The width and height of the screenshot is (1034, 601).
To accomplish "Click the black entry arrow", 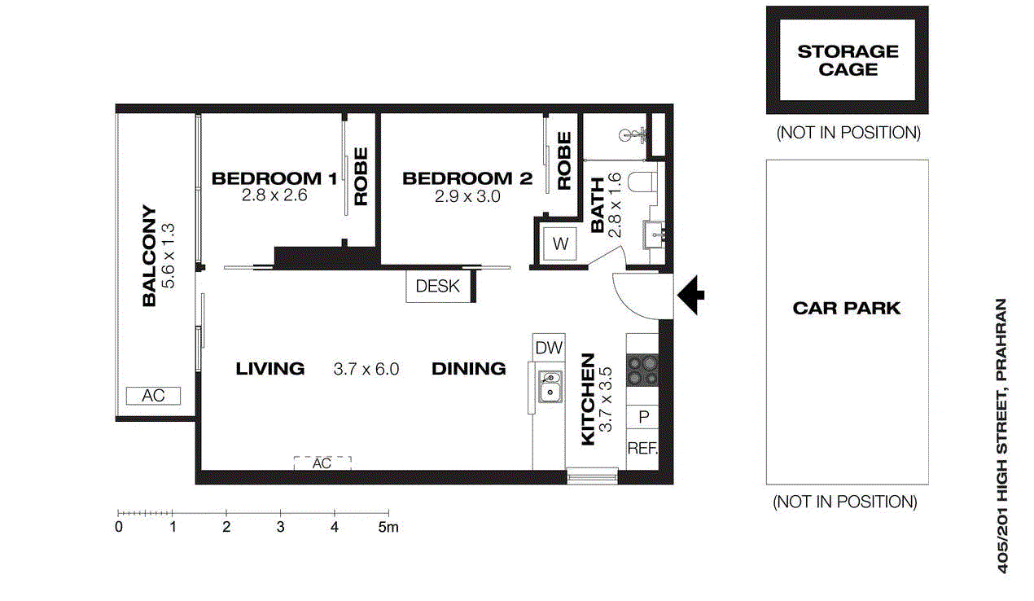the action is [x=691, y=295].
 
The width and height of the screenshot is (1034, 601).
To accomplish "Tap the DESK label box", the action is [x=438, y=286].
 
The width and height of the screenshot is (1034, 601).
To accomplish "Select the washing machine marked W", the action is [x=560, y=243].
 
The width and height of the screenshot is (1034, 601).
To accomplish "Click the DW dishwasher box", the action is [x=549, y=347].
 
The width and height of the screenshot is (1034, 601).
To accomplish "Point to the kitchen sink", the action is [x=550, y=386].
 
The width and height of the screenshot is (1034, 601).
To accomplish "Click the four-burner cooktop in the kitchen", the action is [x=642, y=371].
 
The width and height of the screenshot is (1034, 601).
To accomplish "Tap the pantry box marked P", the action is [x=642, y=417].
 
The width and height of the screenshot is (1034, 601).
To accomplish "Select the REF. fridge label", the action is [x=642, y=448].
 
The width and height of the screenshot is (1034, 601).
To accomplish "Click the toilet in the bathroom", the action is [x=642, y=182].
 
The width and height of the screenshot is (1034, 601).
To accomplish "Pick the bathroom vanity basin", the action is [x=655, y=235].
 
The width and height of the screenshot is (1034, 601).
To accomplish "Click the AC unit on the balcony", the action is [x=153, y=396].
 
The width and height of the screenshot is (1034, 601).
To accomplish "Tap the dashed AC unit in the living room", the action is [x=322, y=463].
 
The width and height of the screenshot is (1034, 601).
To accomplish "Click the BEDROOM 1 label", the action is [x=274, y=178].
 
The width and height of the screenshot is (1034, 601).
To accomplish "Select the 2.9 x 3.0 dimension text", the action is [x=467, y=196].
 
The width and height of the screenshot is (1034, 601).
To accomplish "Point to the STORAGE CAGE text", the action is [x=848, y=60].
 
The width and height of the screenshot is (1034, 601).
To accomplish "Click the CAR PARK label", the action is [x=847, y=308].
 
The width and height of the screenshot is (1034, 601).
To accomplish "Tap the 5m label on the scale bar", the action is [x=388, y=527].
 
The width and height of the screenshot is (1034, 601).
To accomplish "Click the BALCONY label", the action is [x=149, y=256].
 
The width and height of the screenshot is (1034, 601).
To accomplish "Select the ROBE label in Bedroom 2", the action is [x=564, y=160].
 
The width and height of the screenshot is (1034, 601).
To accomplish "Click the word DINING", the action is [x=468, y=368].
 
